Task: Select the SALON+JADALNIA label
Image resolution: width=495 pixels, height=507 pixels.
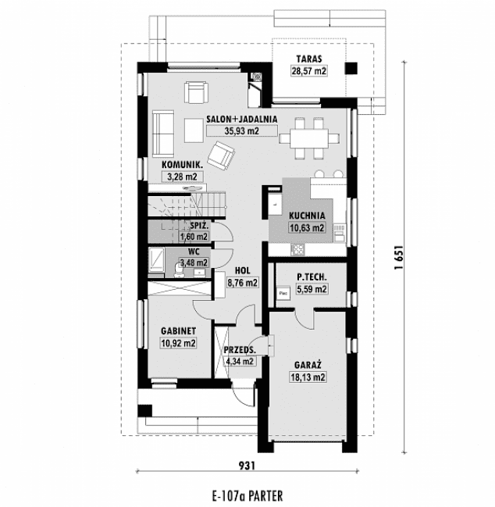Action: (243, 120)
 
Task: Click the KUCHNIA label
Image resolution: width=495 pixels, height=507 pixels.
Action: (307, 216)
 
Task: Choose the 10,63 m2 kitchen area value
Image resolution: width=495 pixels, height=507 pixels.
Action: (307, 228)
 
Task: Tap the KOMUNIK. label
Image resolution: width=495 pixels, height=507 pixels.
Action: (183, 165)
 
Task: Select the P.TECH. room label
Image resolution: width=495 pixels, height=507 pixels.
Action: (310, 277)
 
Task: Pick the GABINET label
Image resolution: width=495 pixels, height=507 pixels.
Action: (178, 330)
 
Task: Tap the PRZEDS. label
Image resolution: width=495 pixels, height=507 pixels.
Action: (239, 350)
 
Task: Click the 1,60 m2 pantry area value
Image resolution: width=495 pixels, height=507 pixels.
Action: (194, 237)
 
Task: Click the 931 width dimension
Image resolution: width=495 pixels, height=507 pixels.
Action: (247, 466)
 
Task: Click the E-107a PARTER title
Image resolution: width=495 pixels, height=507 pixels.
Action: (247, 495)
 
